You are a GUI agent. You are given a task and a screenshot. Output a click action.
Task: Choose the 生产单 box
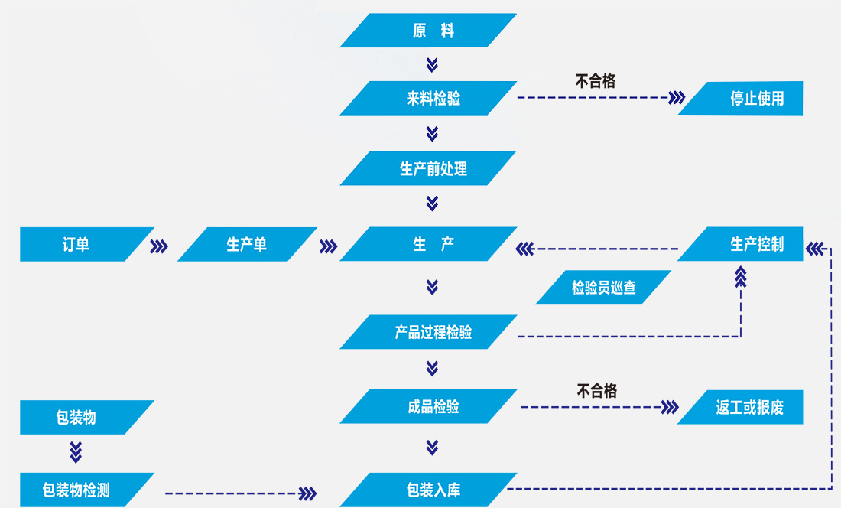(247, 244)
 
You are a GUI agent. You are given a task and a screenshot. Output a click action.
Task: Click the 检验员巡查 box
(603, 288)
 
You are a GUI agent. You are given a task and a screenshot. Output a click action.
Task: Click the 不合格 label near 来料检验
(596, 80)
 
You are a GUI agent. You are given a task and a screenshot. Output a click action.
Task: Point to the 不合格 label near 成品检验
(596, 391)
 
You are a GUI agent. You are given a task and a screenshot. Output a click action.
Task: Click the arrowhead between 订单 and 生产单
(159, 246)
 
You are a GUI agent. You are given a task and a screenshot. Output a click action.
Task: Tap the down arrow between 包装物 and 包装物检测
(76, 452)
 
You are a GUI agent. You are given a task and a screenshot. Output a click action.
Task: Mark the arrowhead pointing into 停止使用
(676, 98)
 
